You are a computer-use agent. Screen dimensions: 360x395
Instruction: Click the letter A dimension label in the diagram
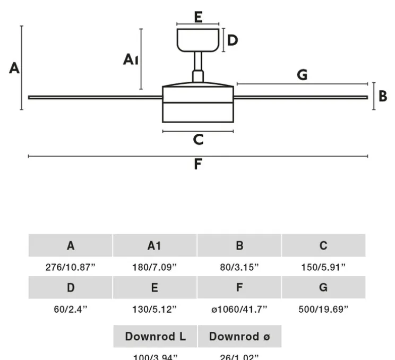click(x=14, y=68)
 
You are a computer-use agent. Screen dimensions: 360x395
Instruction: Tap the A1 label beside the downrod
click(x=131, y=59)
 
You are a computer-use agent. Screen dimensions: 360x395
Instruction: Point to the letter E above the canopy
click(x=198, y=17)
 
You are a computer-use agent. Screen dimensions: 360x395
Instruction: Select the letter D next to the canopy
click(x=233, y=40)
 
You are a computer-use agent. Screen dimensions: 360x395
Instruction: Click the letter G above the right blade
click(x=302, y=75)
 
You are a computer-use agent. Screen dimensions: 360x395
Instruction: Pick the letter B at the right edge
click(x=383, y=97)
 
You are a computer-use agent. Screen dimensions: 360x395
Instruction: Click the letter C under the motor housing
click(x=198, y=140)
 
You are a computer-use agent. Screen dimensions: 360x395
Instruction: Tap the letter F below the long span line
click(x=198, y=164)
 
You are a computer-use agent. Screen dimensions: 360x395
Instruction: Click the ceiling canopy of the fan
click(x=198, y=40)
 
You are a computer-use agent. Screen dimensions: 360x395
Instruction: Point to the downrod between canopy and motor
click(x=198, y=66)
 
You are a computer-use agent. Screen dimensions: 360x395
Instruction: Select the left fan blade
click(x=96, y=97)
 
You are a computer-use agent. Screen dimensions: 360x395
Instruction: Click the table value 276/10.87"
click(x=71, y=267)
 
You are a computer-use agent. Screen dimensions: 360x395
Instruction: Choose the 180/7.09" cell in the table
click(x=154, y=267)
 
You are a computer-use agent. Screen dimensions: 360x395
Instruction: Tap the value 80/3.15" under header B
click(x=239, y=267)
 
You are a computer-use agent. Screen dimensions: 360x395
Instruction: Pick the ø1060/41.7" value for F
click(x=239, y=309)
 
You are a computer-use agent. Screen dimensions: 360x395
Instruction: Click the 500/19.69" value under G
click(x=323, y=309)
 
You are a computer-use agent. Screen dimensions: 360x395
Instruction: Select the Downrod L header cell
click(x=155, y=336)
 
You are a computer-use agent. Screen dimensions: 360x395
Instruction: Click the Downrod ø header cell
click(x=239, y=336)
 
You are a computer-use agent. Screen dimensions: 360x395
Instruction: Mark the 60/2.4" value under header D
click(x=71, y=309)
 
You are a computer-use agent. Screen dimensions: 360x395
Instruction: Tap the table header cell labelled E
click(x=154, y=288)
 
